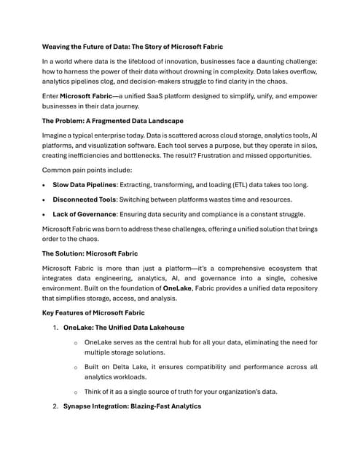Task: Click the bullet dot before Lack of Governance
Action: click(45, 214)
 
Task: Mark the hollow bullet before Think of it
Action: click(76, 391)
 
